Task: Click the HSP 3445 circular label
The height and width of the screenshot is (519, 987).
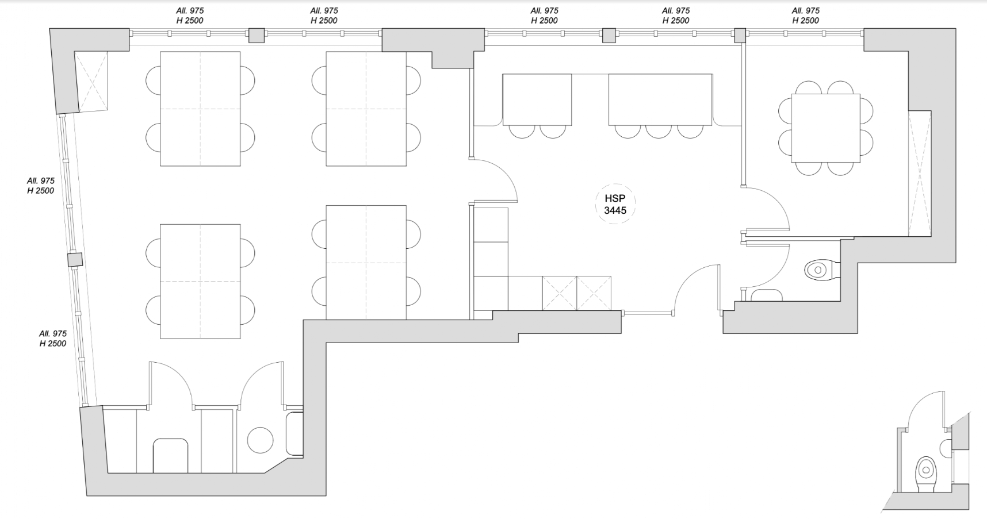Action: point(615,203)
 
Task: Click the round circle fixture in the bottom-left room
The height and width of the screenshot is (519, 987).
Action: point(260,440)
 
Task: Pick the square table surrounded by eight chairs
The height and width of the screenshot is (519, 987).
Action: point(825,128)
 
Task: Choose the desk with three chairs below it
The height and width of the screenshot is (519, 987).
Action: point(660,99)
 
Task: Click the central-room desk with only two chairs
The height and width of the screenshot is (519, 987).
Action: point(537,99)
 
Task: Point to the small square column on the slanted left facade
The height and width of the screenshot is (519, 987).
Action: point(75,260)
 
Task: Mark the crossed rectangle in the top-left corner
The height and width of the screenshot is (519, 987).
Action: point(91,81)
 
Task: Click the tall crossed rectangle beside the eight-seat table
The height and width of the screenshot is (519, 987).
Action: point(920,173)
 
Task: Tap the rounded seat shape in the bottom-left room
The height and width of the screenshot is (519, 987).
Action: point(171,456)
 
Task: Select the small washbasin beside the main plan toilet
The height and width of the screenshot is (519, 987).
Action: point(767,295)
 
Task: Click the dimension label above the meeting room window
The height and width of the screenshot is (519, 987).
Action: point(805,16)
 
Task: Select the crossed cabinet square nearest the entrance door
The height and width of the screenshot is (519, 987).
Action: point(594,293)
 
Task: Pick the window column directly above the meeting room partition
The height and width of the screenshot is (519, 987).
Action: point(740,36)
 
